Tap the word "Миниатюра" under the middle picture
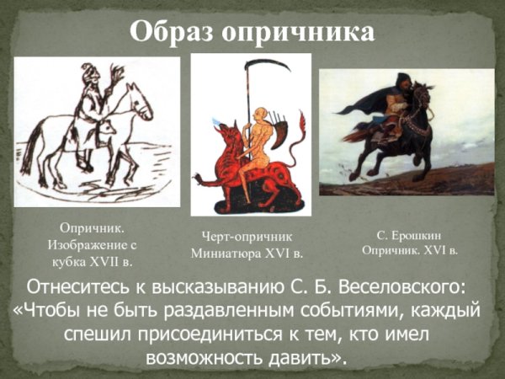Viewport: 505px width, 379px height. pyautogui.click(x=229, y=252)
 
